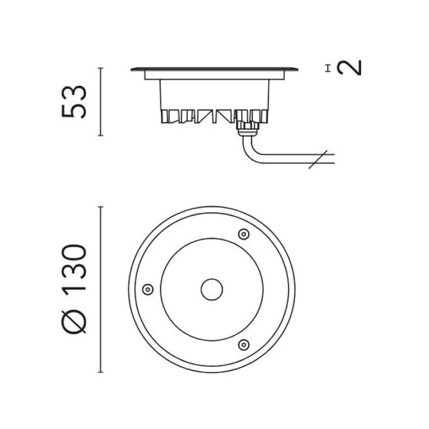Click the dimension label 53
74,102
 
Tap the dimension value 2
349,68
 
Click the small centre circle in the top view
211,290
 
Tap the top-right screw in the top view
244,234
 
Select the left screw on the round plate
148,290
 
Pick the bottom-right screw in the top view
244,345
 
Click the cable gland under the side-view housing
248,129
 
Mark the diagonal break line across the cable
318,159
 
